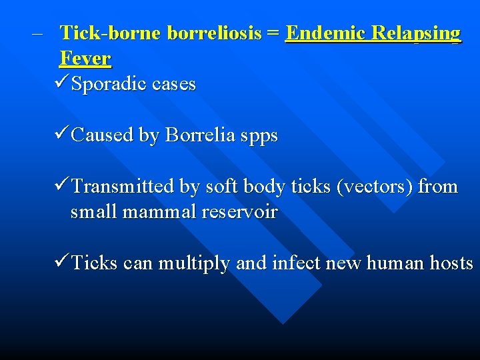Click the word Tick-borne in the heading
[111, 33]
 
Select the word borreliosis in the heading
[214, 33]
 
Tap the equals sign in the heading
[273, 33]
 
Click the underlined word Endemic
[326, 33]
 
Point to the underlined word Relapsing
[416, 33]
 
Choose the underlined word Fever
[85, 58]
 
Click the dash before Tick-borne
[35, 33]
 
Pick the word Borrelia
[200, 135]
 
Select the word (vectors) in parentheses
[375, 187]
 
